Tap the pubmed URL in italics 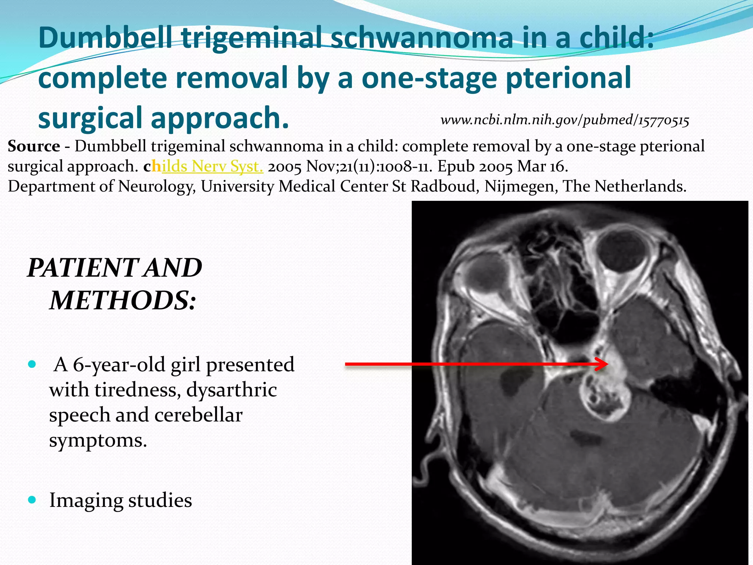[565, 120]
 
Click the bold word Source [34, 146]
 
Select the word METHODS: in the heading [123, 301]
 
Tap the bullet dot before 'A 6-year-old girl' [32, 365]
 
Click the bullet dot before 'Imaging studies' [32, 500]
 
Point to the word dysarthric [231, 390]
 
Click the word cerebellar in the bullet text [198, 415]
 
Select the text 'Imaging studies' [121, 500]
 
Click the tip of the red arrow [607, 364]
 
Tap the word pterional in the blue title [568, 78]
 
